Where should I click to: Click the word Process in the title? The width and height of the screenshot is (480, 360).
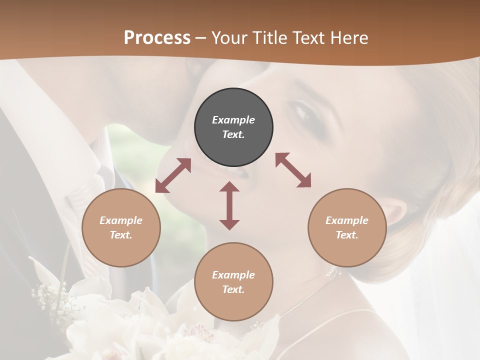point(157,38)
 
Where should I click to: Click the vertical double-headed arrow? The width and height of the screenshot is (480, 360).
point(229,205)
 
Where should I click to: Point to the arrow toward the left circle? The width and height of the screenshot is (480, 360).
point(173,175)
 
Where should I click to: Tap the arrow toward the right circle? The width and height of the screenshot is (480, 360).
point(293,170)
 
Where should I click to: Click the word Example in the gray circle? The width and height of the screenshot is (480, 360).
point(233,120)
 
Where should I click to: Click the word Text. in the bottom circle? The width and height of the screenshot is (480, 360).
point(233,289)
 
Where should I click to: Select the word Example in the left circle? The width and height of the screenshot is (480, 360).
point(121,220)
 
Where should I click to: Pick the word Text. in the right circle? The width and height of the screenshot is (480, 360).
point(347,235)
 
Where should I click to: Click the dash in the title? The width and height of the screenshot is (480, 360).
point(201,38)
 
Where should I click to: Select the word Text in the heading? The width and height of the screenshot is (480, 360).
point(309,38)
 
